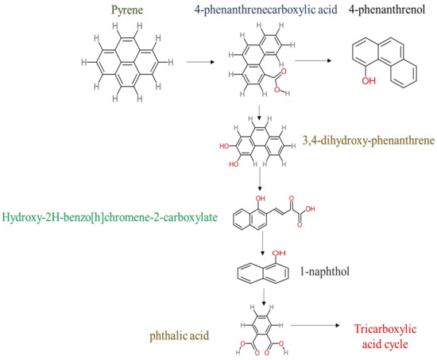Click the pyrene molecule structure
tap(119, 60)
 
